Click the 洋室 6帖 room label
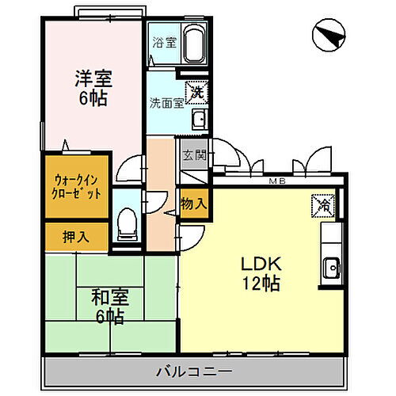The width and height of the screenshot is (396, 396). pyautogui.click(x=93, y=89)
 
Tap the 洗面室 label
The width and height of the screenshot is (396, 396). pyautogui.click(x=166, y=103)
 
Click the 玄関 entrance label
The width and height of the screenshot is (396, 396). pyautogui.click(x=194, y=154)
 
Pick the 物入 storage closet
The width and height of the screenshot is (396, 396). pyautogui.click(x=194, y=204)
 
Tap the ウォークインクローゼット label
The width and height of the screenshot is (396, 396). pyautogui.click(x=77, y=186)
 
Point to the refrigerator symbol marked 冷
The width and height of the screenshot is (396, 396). pyautogui.click(x=323, y=204)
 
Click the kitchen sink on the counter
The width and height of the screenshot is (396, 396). pyautogui.click(x=331, y=267)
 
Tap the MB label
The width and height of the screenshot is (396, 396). pyautogui.click(x=278, y=182)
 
